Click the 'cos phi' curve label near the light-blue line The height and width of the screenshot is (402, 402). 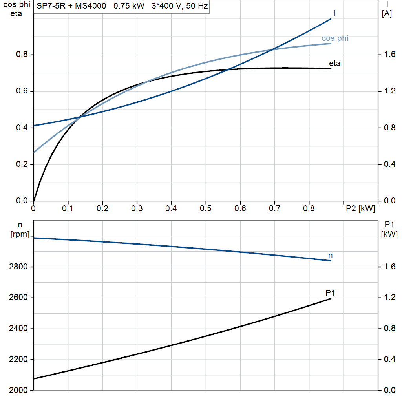click(x=335, y=38)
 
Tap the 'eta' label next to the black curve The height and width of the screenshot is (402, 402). click(x=334, y=63)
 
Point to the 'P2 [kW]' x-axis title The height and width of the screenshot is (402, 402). click(x=360, y=209)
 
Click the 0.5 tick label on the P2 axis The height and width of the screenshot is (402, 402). click(x=205, y=209)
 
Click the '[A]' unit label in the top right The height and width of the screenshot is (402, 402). click(x=387, y=14)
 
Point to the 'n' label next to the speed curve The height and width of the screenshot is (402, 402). click(x=331, y=256)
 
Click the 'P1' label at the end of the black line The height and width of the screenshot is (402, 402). click(x=330, y=292)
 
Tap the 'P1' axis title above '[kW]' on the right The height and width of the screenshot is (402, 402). click(x=389, y=225)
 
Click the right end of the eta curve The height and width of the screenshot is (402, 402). click(x=331, y=69)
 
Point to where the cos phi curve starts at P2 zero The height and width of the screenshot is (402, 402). click(x=34, y=152)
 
